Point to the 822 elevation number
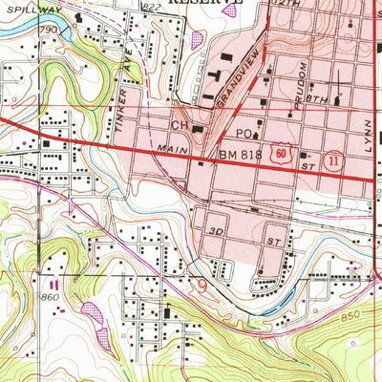tap(149, 8)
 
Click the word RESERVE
tap(204, 3)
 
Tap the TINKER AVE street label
tap(123, 87)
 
